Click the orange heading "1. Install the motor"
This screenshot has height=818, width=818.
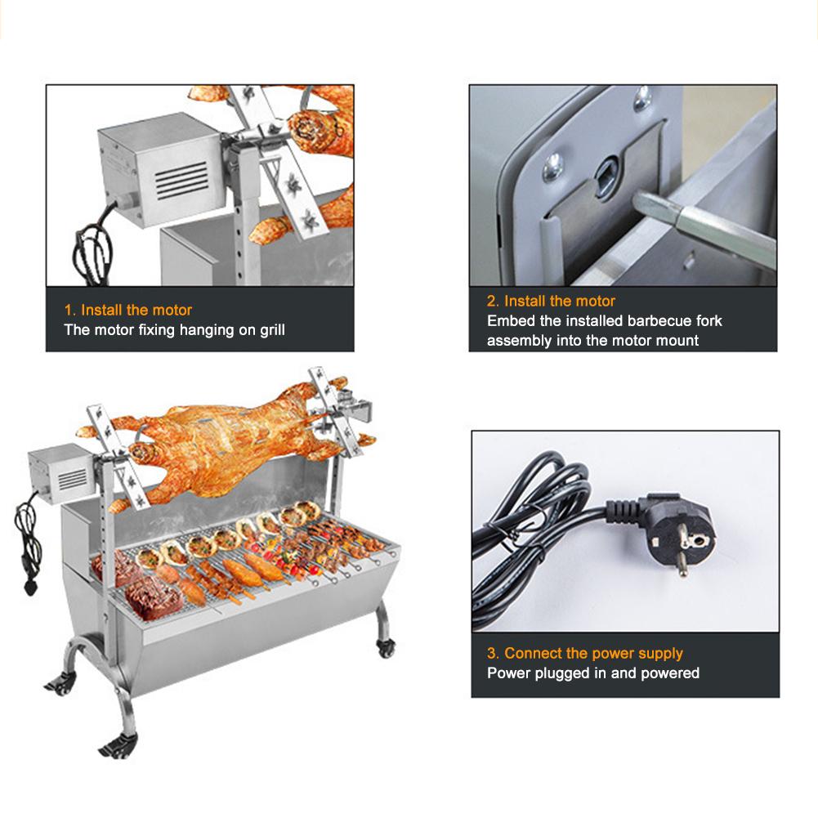(x=128, y=311)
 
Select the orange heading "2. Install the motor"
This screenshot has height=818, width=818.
(x=552, y=302)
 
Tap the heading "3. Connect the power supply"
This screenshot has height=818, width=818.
(x=585, y=654)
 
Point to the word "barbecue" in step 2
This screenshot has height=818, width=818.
(x=654, y=321)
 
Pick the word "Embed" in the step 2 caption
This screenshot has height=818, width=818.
(x=511, y=321)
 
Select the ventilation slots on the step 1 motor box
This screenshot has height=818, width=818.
(x=181, y=178)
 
